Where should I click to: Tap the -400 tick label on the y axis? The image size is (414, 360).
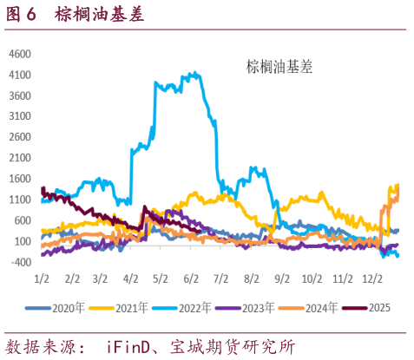click(x=21, y=261)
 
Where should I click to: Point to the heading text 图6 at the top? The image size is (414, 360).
click(x=23, y=15)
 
